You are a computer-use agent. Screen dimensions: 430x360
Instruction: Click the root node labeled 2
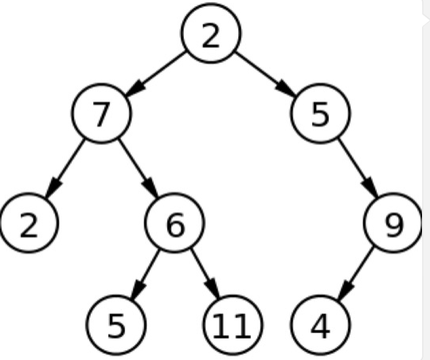click(x=210, y=33)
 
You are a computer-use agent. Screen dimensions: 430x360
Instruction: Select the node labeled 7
click(x=101, y=113)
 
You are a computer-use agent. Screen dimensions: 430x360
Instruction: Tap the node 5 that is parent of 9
click(x=320, y=113)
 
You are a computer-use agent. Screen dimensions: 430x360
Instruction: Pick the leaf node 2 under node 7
click(x=29, y=223)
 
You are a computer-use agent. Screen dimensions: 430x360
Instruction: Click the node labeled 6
click(x=174, y=223)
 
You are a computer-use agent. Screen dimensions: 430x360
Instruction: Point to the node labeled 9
click(x=393, y=223)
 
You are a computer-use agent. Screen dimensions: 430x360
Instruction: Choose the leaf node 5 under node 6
click(x=116, y=325)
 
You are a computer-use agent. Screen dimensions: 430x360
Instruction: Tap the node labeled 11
click(x=233, y=325)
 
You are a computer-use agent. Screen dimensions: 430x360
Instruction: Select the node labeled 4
click(x=320, y=325)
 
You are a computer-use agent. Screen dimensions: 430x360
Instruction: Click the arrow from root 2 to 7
click(x=155, y=73)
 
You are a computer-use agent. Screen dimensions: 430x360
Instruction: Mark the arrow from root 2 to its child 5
click(x=266, y=74)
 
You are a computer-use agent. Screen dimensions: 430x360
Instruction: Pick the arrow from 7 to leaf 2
click(x=65, y=168)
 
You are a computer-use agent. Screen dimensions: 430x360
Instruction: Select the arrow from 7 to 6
click(x=139, y=168)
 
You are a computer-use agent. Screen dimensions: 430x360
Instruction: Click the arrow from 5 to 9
click(x=358, y=168)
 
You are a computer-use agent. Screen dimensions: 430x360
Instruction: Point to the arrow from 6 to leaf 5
click(x=145, y=274)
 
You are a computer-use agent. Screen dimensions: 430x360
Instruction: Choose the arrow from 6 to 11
click(x=205, y=273)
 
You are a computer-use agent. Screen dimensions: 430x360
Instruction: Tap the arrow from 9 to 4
click(x=356, y=273)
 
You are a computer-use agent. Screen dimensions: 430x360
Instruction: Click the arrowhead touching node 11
click(x=213, y=288)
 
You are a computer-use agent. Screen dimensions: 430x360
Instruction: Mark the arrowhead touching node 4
click(x=345, y=291)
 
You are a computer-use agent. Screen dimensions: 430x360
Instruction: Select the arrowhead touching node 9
click(x=371, y=187)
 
